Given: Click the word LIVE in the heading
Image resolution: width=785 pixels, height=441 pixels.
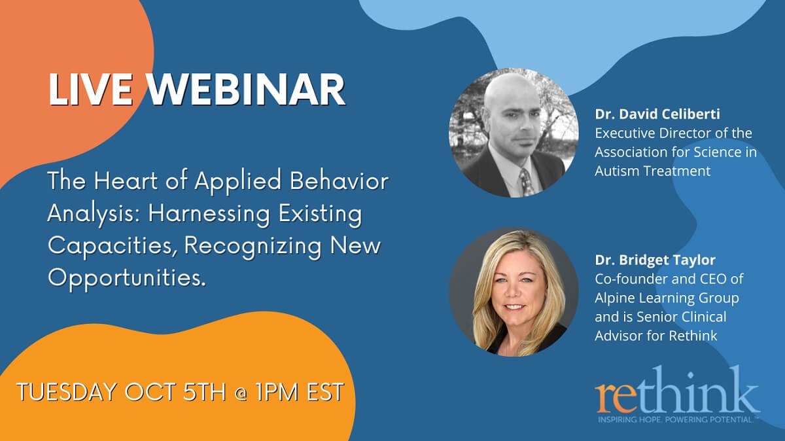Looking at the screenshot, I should coord(89,90).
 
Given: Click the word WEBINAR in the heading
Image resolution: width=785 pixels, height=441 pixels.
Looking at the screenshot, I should coord(241,90).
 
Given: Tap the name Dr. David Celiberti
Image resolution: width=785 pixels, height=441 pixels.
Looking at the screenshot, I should coord(657,114).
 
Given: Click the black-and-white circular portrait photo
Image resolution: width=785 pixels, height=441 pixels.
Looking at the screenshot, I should coord(514,133).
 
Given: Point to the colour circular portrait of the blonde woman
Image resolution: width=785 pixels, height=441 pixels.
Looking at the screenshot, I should coord(514,292).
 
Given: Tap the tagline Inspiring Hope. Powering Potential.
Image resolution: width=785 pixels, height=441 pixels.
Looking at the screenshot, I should coord(676,418).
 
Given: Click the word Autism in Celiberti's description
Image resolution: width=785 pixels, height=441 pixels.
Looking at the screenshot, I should coord(616,171).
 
